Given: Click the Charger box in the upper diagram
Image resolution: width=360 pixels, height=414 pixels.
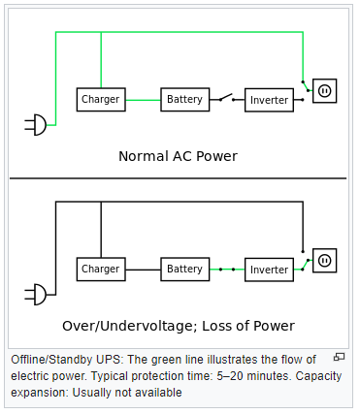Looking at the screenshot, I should click(101, 100).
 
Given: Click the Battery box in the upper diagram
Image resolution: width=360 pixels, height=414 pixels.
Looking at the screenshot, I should click(184, 100).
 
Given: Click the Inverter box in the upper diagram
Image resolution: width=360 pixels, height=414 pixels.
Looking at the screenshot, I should click(269, 100).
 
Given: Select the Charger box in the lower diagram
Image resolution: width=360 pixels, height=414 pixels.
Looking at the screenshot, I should click(101, 269).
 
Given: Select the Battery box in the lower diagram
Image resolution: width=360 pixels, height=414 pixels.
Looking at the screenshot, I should click(184, 269).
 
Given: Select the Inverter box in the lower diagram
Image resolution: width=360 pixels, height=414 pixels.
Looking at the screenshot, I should click(269, 269).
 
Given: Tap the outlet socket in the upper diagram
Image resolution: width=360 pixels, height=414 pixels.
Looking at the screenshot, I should click(324, 91).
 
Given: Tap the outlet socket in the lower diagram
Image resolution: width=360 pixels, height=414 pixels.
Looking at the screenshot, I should click(324, 260).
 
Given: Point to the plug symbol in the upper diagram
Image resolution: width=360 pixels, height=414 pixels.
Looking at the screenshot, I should click(35, 124).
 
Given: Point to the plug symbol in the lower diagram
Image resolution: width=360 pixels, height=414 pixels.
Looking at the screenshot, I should click(35, 293).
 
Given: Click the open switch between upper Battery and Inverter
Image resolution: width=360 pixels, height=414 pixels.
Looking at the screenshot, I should click(225, 98).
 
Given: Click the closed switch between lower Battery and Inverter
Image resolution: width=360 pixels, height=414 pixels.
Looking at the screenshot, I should click(226, 269).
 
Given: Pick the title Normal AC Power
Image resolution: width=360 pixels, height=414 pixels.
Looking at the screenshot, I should click(178, 156).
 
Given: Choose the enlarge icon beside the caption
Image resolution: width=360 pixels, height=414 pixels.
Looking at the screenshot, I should click(339, 358).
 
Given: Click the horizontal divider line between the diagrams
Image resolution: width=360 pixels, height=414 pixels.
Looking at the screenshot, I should click(178, 178).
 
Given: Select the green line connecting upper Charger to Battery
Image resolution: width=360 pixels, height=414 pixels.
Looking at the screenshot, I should click(144, 100).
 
